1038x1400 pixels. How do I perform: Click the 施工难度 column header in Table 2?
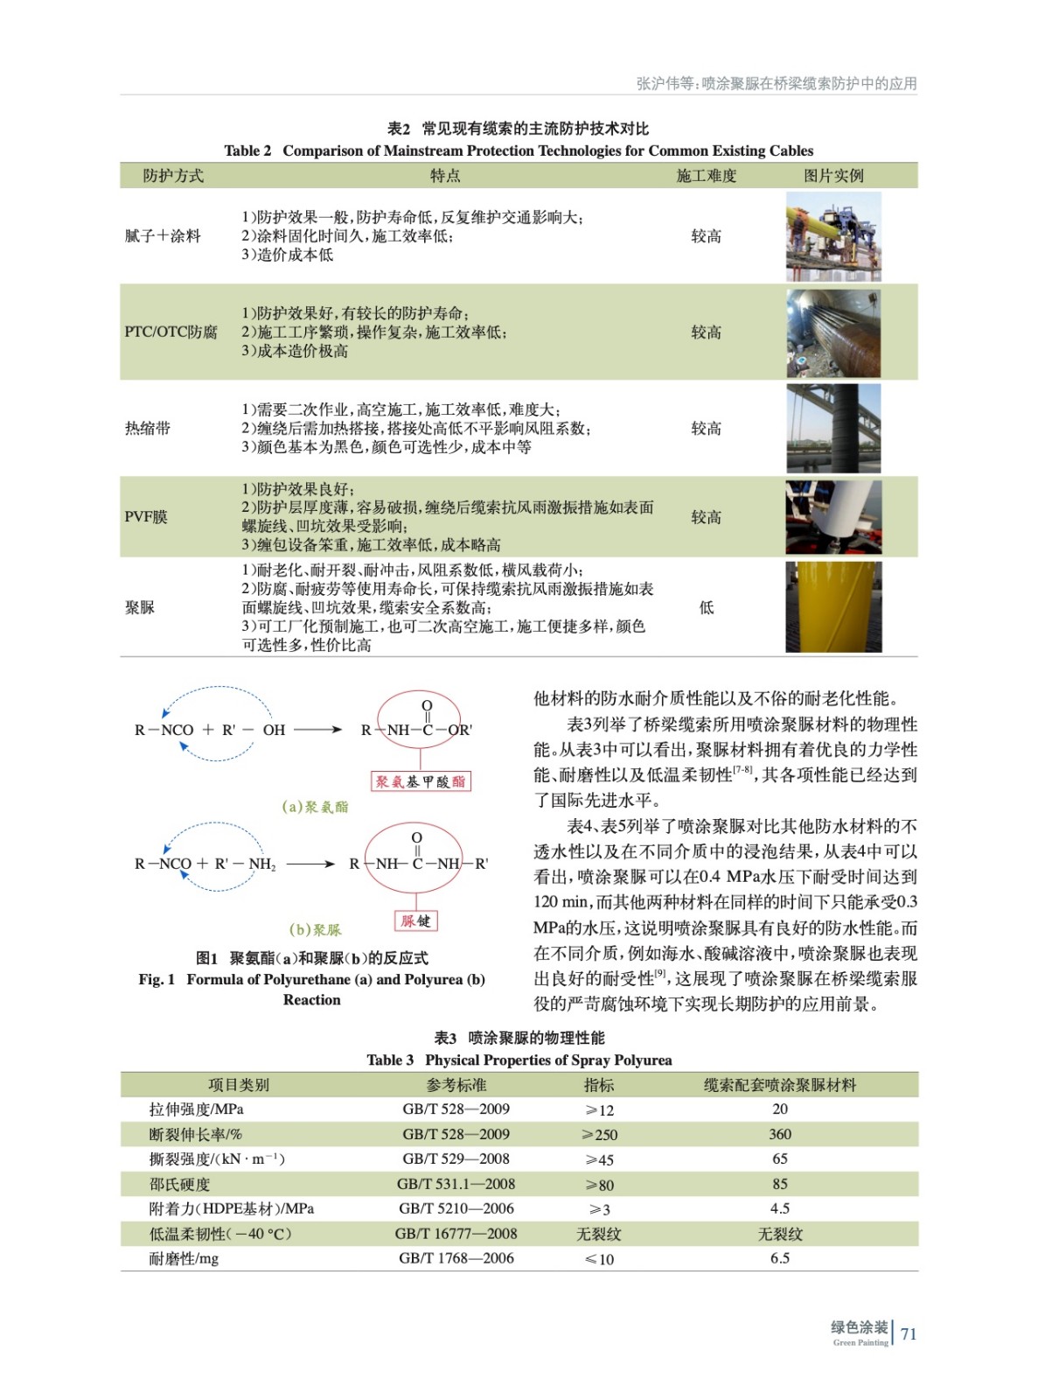706,176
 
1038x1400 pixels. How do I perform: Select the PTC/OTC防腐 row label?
171,332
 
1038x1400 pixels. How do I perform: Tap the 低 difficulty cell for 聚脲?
706,607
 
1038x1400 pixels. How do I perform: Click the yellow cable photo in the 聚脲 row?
832,607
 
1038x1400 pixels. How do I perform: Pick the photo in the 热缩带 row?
832,428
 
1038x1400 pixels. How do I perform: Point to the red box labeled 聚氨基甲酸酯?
421,781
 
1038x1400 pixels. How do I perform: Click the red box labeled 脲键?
415,920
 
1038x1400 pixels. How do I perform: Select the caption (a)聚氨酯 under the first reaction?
315,807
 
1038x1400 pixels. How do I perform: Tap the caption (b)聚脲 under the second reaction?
315,929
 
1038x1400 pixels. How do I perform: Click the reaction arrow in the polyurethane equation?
317,730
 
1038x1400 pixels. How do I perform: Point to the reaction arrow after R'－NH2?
310,864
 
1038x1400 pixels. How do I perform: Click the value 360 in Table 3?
779,1134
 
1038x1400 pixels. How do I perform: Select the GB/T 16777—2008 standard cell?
456,1234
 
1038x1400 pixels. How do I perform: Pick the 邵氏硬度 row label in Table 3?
179,1184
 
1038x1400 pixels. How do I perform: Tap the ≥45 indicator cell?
599,1159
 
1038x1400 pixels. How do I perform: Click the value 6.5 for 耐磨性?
779,1258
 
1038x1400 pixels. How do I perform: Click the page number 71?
909,1333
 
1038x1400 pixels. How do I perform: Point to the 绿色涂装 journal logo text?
859,1328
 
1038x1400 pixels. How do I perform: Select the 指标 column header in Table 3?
599,1085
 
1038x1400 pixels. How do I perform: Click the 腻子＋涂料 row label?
163,236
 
